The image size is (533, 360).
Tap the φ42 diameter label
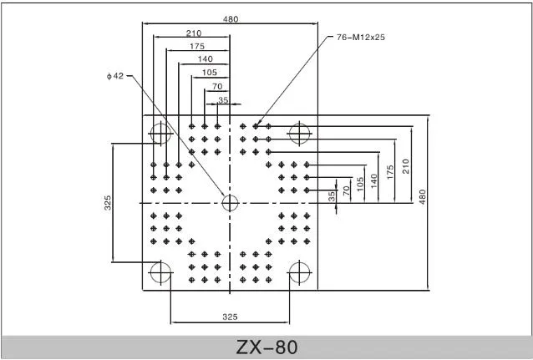(115, 76)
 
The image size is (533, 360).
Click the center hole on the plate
(230, 202)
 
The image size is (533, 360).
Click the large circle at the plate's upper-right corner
(299, 132)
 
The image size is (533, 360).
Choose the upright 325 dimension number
(231, 317)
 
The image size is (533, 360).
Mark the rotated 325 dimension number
(108, 203)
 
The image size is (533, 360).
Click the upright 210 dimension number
(193, 33)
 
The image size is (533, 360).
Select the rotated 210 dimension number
(405, 165)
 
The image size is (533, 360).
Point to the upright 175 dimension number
(197, 46)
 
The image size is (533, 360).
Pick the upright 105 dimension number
(211, 72)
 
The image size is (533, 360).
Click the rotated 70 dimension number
(347, 190)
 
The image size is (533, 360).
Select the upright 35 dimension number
(223, 99)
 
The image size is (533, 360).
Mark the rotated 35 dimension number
(332, 196)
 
